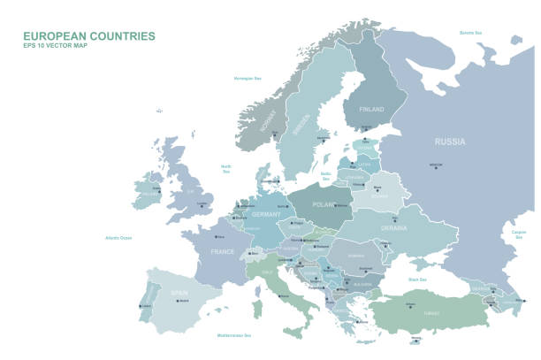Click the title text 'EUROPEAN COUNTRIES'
(89, 36)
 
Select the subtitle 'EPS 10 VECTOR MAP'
(57, 47)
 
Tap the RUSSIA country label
(451, 142)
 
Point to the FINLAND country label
(371, 109)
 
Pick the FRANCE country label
(222, 252)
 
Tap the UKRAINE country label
(394, 227)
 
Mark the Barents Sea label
(470, 33)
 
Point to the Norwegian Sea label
(248, 79)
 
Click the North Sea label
(226, 168)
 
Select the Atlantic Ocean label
(118, 237)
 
